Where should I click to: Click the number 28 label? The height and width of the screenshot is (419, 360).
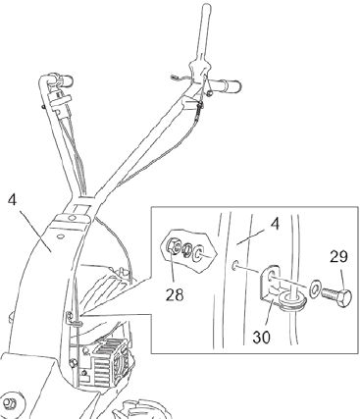(x=175, y=295)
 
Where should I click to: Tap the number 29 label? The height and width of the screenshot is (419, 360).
(x=338, y=257)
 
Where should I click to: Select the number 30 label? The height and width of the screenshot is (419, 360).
(x=262, y=338)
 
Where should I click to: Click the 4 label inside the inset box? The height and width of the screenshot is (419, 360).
(x=275, y=225)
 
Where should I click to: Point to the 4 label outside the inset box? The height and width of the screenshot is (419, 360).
(x=12, y=200)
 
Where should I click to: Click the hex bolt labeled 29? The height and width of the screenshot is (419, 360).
(x=336, y=296)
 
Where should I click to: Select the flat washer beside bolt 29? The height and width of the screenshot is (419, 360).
(x=315, y=288)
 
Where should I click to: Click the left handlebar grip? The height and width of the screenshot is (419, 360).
(x=66, y=80)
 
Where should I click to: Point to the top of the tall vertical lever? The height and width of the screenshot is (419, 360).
(x=207, y=7)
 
